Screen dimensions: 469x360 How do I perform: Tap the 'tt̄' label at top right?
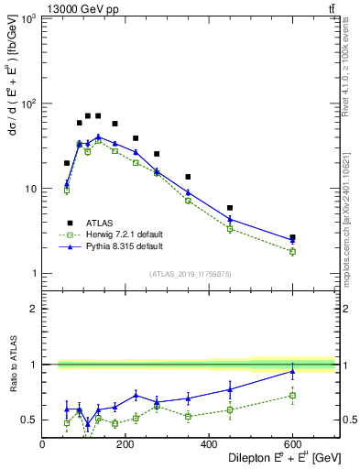pos(329,8)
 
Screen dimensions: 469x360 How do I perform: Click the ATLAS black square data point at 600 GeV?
pos(292,237)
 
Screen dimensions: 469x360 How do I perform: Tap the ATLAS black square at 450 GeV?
pos(230,208)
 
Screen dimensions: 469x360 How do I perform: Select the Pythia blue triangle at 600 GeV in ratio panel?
pos(292,371)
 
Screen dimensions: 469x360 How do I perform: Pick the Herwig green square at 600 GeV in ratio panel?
pos(292,395)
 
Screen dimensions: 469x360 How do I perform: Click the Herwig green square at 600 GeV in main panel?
pos(292,251)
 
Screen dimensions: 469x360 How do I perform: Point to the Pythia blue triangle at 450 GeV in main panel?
pos(230,219)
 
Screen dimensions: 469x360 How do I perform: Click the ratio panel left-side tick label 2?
pos(31,309)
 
